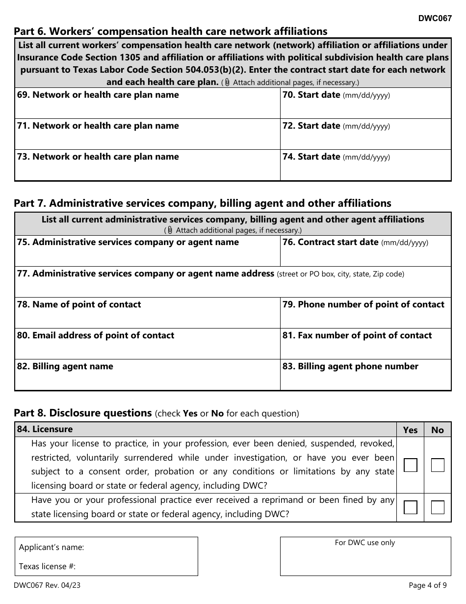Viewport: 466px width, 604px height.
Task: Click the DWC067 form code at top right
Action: pos(435,19)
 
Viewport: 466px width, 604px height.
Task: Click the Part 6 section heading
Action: pos(170,31)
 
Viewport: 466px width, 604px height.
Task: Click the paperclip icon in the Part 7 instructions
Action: pos(170,230)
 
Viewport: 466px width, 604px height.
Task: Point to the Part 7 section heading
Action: pos(202,203)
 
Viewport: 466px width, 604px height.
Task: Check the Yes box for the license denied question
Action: pos(410,465)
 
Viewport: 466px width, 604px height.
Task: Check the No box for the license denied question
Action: pos(438,465)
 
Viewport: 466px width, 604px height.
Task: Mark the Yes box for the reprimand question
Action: pos(410,507)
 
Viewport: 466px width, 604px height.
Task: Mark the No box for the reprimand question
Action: pos(438,507)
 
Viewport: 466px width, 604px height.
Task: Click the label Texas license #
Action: pos(47,566)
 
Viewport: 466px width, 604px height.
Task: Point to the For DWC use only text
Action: pos(365,543)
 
